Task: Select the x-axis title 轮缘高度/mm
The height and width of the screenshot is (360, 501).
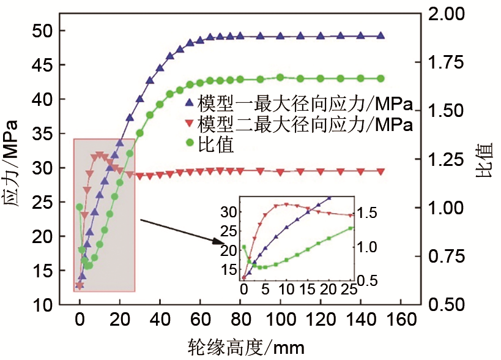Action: click(245, 347)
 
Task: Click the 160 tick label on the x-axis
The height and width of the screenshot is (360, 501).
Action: click(402, 320)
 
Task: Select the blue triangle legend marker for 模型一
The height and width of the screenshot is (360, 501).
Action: click(190, 102)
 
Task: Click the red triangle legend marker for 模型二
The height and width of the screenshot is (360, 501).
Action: click(190, 125)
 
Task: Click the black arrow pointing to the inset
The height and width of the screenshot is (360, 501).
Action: click(184, 231)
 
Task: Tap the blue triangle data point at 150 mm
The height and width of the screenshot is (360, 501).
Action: click(380, 36)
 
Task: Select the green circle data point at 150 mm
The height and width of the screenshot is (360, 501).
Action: click(380, 78)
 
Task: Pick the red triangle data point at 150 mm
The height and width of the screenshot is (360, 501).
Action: click(380, 171)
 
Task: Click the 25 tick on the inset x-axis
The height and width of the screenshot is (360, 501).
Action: click(349, 290)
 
